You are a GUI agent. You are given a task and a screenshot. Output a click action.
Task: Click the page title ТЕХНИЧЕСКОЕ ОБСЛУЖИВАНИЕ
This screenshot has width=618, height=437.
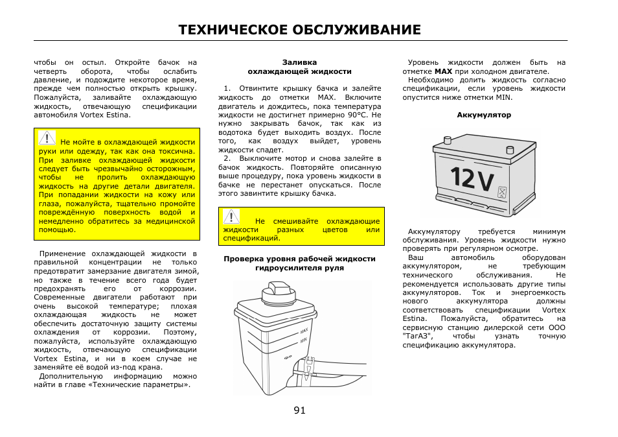(299, 30)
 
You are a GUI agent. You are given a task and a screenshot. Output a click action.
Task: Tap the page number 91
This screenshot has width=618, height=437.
(299, 410)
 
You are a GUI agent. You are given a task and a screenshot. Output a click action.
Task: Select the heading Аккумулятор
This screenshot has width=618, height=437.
(484, 115)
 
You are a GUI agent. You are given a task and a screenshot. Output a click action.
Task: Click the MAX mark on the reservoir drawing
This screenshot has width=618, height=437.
(304, 331)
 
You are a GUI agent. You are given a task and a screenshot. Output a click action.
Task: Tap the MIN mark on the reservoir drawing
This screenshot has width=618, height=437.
(303, 340)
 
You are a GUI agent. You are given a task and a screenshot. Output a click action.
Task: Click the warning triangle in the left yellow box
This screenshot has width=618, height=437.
(47, 137)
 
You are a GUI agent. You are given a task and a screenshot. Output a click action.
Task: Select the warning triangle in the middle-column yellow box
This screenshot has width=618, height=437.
(231, 217)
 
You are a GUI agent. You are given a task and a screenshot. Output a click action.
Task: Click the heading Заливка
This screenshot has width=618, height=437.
(299, 62)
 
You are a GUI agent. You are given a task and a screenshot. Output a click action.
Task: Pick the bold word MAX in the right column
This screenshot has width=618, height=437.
(443, 71)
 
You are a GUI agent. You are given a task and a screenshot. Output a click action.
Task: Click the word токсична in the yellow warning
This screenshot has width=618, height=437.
(177, 150)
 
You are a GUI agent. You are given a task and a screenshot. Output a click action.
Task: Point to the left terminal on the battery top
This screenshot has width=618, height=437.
(447, 139)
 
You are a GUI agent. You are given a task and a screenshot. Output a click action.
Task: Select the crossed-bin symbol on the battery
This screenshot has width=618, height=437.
(501, 192)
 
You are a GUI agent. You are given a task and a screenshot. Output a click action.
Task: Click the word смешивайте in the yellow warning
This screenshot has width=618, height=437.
(296, 221)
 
